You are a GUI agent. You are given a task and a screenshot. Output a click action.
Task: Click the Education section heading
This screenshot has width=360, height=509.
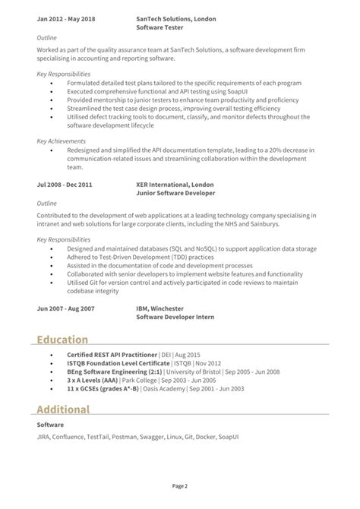pos(63,339)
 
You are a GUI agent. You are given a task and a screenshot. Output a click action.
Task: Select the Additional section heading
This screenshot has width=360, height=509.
pos(64,409)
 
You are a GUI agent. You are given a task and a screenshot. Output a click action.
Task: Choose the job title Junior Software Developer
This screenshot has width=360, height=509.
pos(175,192)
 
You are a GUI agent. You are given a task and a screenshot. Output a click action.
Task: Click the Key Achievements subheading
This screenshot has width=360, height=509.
pos(62,141)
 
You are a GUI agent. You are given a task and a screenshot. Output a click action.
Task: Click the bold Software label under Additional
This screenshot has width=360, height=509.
pos(51,424)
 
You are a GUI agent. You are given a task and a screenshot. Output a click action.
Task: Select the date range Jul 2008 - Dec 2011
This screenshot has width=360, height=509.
pos(65,184)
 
